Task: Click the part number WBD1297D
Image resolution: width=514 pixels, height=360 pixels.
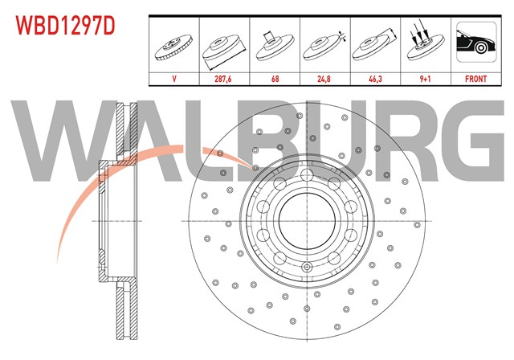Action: [x=66, y=26]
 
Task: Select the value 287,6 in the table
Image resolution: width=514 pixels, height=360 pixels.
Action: [x=223, y=79]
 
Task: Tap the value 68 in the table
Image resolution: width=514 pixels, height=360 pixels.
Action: [x=275, y=79]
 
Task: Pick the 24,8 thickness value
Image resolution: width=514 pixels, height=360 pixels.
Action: [x=324, y=79]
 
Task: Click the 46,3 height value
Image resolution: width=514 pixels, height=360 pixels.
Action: [x=375, y=79]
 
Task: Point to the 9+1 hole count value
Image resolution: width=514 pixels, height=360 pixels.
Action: [x=425, y=79]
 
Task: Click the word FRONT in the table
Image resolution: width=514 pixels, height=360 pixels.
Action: [x=475, y=79]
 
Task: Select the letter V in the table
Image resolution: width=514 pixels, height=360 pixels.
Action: [x=174, y=79]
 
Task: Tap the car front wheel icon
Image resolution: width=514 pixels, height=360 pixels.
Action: [x=476, y=42]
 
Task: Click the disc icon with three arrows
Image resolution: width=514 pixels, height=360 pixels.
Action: [x=425, y=43]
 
